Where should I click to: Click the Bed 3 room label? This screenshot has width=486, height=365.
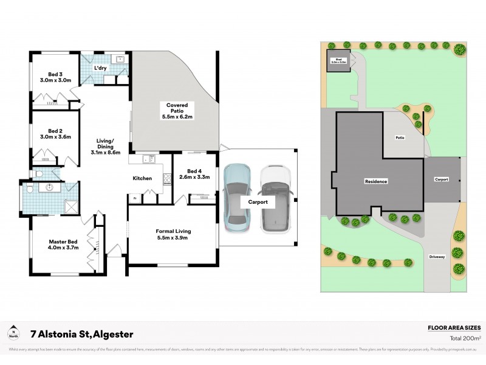coord(56,77)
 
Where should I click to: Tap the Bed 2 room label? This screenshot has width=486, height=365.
coord(56,133)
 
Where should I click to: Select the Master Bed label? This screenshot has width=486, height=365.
coord(64,245)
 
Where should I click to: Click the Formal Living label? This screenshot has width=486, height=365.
coord(174,234)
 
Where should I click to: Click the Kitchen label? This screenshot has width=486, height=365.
coord(142,178)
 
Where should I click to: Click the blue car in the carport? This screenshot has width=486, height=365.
coord(236,198)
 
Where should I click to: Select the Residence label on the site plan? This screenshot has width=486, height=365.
coord(375,181)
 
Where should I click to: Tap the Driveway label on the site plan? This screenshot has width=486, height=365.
coord(437,257)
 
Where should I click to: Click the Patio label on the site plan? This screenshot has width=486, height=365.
coord(400,137)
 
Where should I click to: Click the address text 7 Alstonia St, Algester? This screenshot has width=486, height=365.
coord(82,334)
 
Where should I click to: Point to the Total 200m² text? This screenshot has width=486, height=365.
coord(465,338)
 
